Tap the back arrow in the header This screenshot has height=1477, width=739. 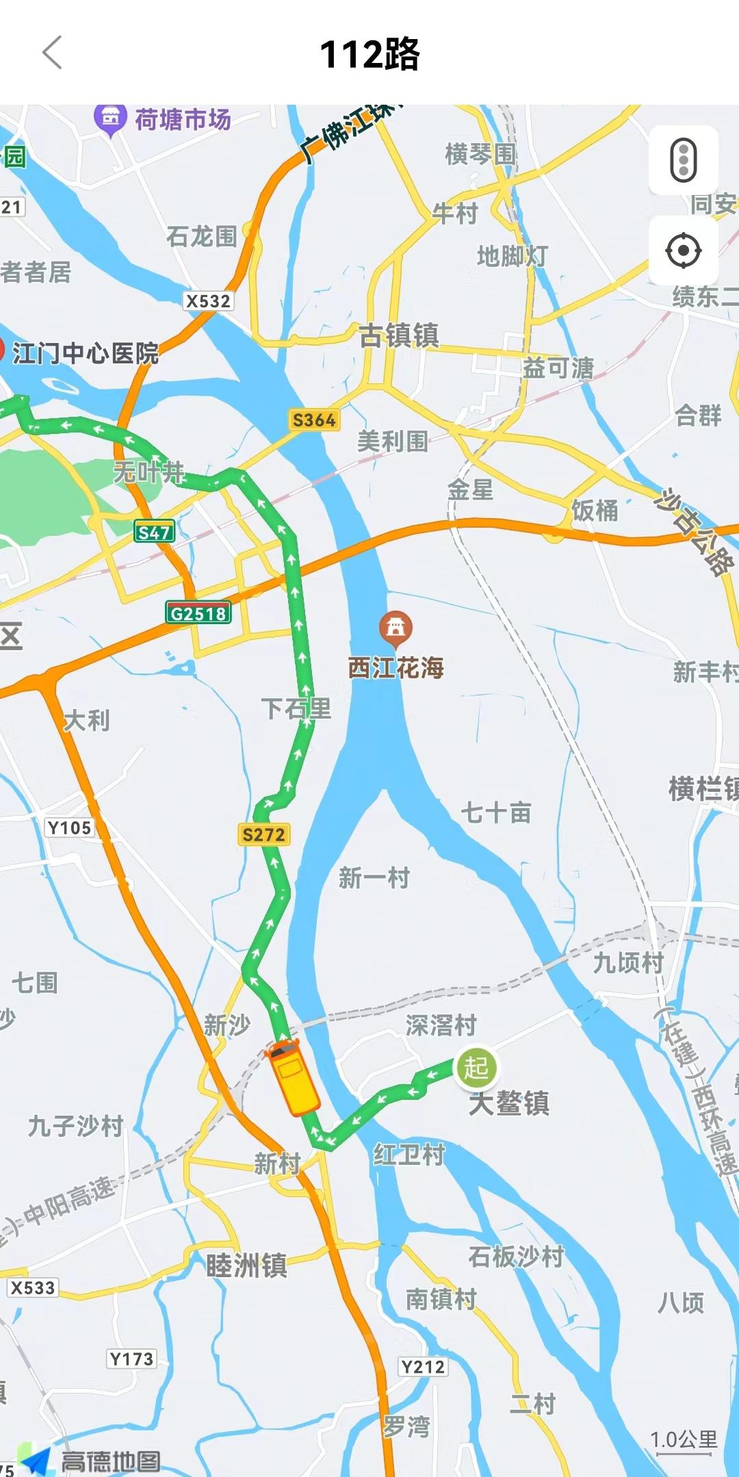coord(53,53)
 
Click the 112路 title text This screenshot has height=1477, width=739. coord(369,54)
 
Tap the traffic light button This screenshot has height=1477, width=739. coord(683,160)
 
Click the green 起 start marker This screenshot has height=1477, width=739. coord(476,1067)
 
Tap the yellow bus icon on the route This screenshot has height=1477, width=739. coord(293,1077)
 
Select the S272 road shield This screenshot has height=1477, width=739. coord(263,834)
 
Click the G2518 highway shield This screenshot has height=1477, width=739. coord(198,613)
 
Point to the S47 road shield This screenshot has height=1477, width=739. coord(154,532)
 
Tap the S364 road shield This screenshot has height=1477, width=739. coord(314,420)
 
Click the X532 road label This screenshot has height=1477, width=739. coord(209,301)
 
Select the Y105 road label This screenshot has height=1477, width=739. coord(69,827)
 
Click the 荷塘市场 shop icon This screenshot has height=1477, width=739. coord(110,119)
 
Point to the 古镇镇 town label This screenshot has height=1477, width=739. coord(399,335)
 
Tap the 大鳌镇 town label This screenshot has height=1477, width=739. coord(509,1103)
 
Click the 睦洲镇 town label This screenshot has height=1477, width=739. coord(246,1266)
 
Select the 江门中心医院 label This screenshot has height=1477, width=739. coord(86,353)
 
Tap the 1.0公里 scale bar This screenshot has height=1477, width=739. coord(684,1441)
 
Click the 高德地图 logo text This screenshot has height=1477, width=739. coord(111,1461)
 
